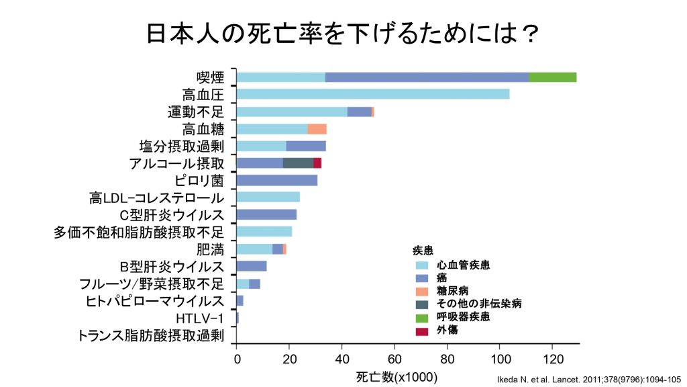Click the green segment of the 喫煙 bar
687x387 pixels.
(553, 77)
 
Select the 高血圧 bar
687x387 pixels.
(373, 94)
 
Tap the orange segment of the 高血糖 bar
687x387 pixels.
(317, 129)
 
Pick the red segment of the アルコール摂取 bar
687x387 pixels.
(317, 163)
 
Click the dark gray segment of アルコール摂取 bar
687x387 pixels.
(298, 163)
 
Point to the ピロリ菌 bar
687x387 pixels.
(277, 180)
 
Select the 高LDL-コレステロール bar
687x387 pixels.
(268, 197)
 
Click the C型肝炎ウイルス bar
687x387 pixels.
(266, 214)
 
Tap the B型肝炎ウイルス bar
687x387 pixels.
(252, 265)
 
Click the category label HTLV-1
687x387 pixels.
(196, 317)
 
